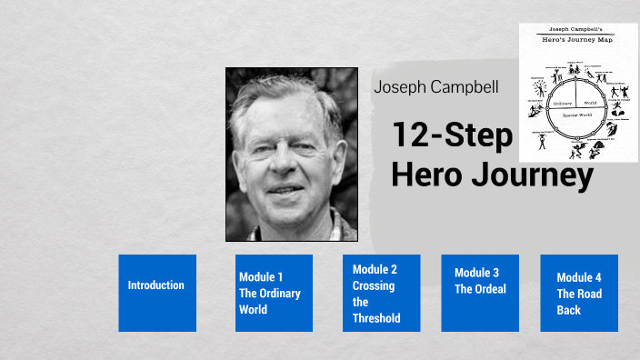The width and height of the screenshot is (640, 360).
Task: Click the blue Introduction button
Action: coord(156,293)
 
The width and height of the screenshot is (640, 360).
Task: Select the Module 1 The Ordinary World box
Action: coord(274,293)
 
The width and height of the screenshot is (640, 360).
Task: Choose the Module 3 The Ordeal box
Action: coord(480,293)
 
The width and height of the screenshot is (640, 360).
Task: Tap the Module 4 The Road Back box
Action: coord(579,293)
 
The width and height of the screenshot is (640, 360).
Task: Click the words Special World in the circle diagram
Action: coord(577,115)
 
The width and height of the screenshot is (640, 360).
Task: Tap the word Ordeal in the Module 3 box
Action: coord(488,289)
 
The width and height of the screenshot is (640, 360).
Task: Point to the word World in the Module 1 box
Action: coord(254,309)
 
